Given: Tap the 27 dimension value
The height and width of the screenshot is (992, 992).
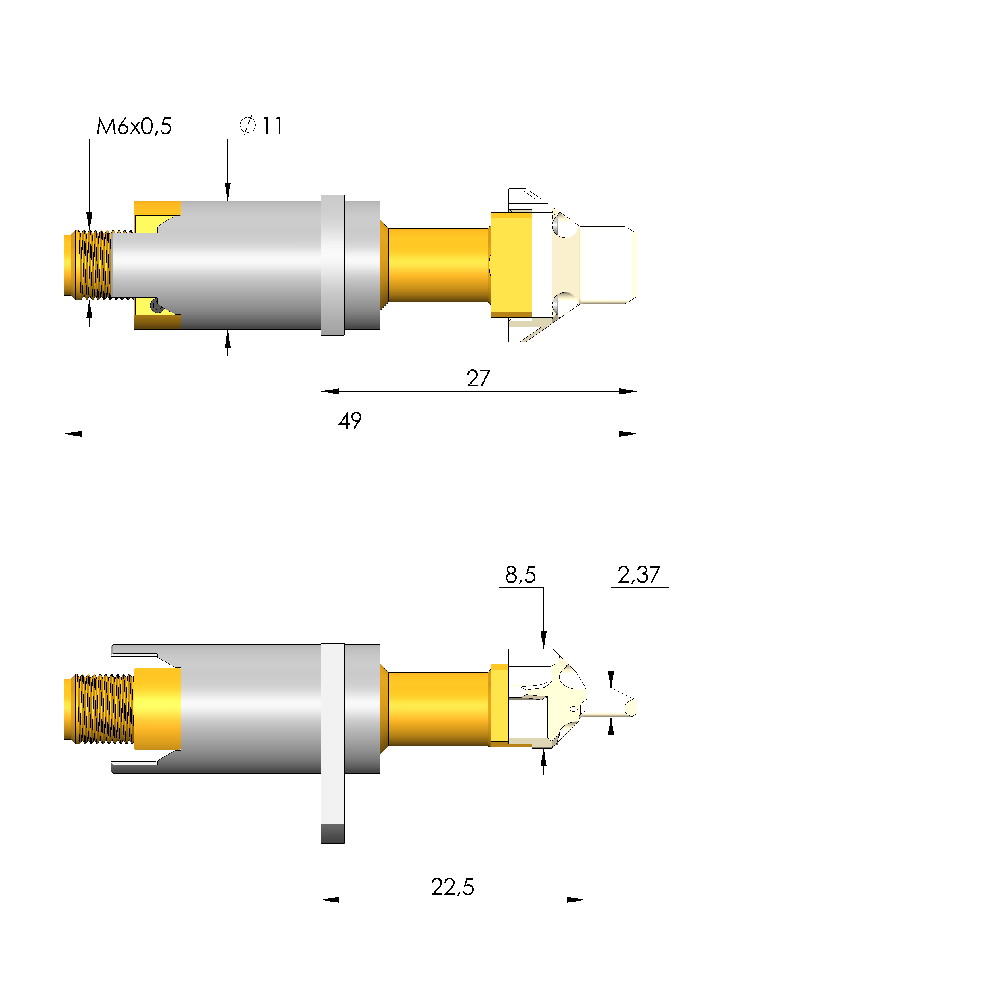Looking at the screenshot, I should (478, 379).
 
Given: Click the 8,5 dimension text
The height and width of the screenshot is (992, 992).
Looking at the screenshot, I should (520, 575).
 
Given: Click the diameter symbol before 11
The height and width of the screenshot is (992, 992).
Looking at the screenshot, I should (247, 126).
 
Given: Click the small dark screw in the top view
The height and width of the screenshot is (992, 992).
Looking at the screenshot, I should (157, 306).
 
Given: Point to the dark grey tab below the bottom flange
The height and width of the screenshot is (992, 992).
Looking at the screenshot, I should (333, 834).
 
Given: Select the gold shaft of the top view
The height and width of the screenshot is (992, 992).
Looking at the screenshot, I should (438, 265).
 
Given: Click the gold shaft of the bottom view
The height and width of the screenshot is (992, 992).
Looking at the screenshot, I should (438, 709).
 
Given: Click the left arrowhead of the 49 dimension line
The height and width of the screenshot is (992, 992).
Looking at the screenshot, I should (73, 434).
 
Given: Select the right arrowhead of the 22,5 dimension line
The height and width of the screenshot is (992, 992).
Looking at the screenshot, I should (575, 900).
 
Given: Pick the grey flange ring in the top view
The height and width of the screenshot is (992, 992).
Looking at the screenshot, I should (333, 265).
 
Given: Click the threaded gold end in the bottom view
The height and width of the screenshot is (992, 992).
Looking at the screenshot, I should (100, 709).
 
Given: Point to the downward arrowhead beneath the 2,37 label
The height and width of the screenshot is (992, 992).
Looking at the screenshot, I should (610, 679).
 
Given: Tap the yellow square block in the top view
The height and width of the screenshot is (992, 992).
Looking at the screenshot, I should (511, 265).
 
